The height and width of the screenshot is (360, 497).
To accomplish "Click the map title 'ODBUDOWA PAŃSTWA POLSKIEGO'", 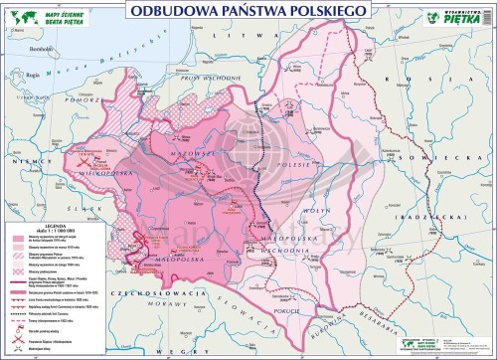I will (x=248, y=9).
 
